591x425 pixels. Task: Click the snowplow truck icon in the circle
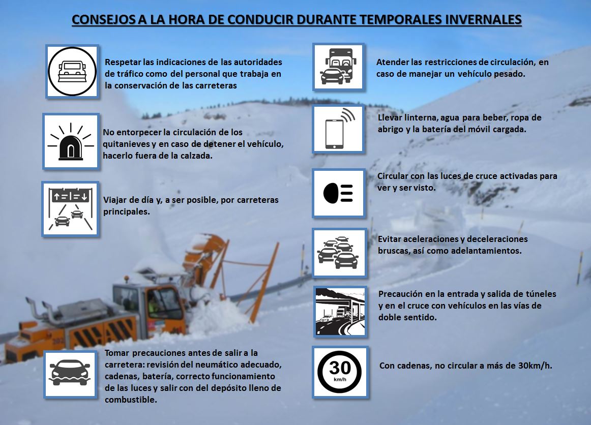point(72,71)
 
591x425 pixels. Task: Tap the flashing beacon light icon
point(70,141)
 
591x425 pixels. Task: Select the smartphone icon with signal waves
point(338,129)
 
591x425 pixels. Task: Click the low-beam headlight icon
point(338,193)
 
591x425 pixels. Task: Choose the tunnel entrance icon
point(340,312)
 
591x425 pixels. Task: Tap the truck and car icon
point(338,67)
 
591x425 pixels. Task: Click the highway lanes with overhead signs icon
point(69,208)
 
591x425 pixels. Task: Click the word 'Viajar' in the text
point(115,200)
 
